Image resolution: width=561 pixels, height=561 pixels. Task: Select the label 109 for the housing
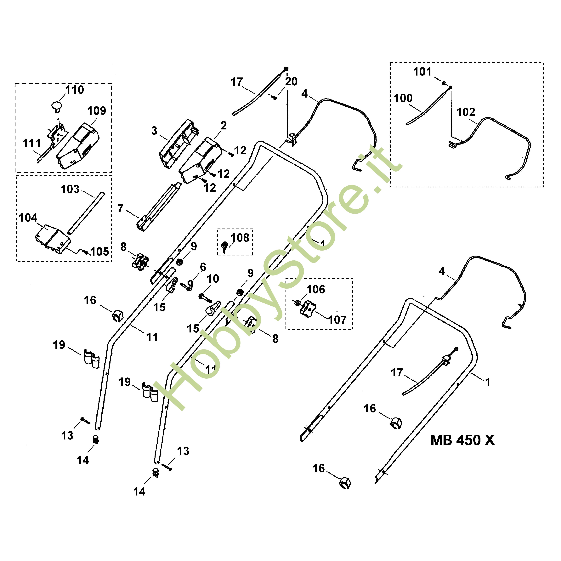pyautogui.click(x=97, y=111)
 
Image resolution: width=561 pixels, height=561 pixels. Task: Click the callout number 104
pyautogui.click(x=28, y=218)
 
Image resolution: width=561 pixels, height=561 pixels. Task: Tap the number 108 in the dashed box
pyautogui.click(x=240, y=238)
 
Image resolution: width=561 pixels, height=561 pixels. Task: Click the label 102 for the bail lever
pyautogui.click(x=466, y=112)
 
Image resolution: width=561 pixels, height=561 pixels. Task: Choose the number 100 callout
pyautogui.click(x=403, y=98)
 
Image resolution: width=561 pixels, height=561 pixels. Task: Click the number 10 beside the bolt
pyautogui.click(x=213, y=279)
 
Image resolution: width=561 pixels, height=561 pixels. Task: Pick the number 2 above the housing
pyautogui.click(x=224, y=126)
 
